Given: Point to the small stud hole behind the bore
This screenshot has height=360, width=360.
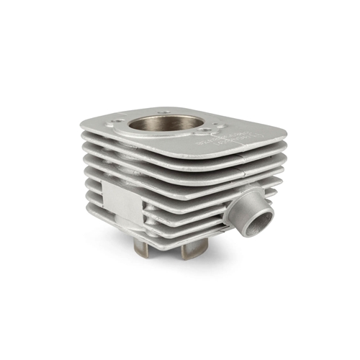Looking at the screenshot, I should [166, 112].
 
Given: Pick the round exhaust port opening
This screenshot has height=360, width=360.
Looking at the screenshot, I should [256, 218].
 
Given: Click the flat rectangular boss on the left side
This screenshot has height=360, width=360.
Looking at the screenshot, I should [120, 201].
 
